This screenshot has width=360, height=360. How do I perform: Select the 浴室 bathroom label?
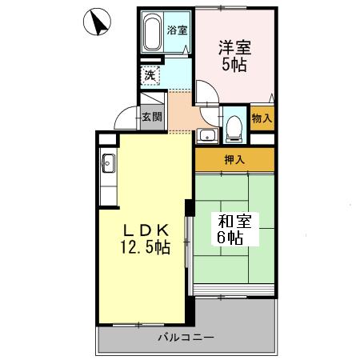click(x=177, y=30)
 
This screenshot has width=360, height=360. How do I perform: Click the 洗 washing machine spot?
click(x=150, y=76)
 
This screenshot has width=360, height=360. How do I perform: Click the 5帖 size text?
click(x=234, y=66)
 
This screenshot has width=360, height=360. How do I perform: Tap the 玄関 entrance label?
click(x=152, y=117)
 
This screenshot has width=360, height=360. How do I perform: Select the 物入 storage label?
click(x=262, y=118)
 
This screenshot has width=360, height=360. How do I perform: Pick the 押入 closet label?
click(x=234, y=160)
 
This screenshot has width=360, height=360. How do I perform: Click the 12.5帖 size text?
click(x=144, y=247)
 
